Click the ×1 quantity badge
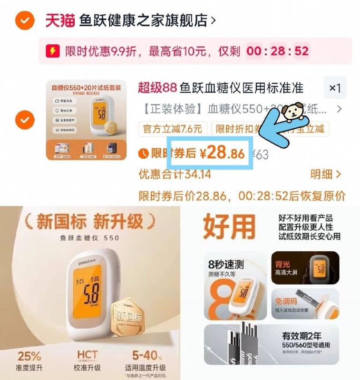pyautogui.click(x=335, y=88)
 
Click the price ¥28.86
pyautogui.click(x=222, y=152)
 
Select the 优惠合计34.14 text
pyautogui.click(x=175, y=174)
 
